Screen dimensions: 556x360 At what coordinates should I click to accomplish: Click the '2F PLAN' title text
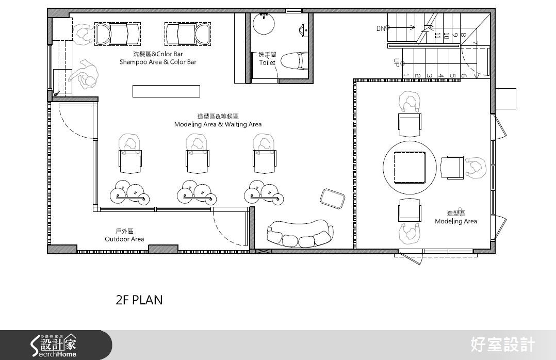click(139, 300)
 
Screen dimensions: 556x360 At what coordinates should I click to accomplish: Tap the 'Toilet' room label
click(267, 63)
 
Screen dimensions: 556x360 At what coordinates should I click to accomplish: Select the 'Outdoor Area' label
click(124, 239)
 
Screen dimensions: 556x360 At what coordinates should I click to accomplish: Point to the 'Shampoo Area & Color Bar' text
click(158, 62)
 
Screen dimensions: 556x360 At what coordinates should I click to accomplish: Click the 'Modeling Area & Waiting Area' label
click(218, 124)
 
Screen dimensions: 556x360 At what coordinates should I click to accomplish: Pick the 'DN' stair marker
click(381, 28)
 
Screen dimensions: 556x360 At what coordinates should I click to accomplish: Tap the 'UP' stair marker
click(397, 62)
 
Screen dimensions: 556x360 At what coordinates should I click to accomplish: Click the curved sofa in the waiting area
click(300, 234)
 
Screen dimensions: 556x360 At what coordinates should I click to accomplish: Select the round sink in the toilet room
click(264, 23)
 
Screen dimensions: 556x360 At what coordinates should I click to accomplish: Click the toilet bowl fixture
click(293, 61)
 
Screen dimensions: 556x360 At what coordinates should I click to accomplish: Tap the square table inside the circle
click(410, 167)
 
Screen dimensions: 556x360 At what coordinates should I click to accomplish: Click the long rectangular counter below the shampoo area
click(166, 91)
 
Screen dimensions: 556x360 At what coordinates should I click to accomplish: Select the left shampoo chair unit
click(118, 34)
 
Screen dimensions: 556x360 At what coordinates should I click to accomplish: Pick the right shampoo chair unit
click(188, 34)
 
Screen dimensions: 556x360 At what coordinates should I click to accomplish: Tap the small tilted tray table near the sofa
click(332, 199)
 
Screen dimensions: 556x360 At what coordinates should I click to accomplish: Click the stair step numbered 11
click(437, 36)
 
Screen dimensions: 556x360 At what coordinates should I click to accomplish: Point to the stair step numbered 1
click(406, 75)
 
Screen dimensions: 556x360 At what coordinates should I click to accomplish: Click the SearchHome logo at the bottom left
click(54, 345)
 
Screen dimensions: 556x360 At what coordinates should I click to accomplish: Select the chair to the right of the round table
click(452, 168)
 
